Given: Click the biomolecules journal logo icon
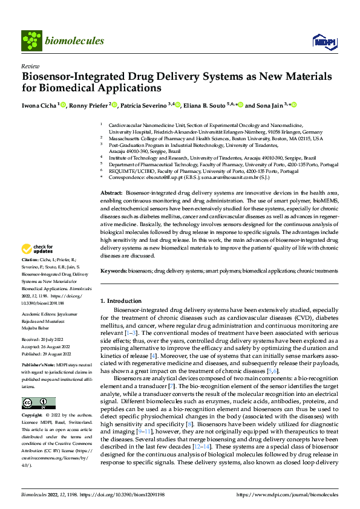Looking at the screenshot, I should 31,41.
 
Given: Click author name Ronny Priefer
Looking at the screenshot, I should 88,105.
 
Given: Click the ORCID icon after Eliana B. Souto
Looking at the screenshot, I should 240,105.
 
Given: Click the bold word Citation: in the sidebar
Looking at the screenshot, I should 30,276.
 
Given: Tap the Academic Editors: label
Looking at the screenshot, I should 39,315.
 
